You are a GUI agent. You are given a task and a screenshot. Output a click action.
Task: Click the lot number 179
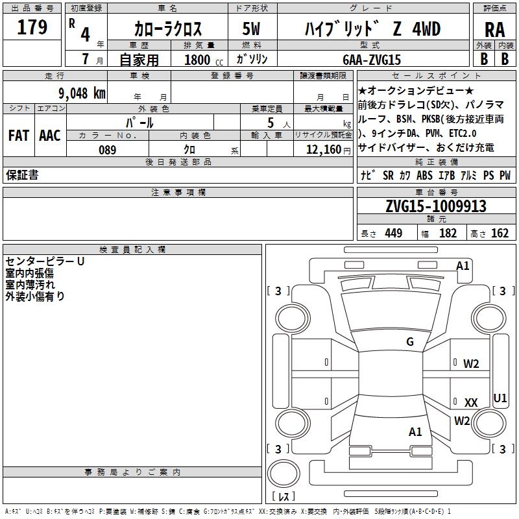pos(32,28)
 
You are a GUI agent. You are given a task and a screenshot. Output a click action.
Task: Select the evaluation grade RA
pos(494,30)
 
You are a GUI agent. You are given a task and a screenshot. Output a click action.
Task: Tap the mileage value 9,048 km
pos(82,93)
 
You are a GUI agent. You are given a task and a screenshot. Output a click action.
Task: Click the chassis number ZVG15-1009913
pos(435,206)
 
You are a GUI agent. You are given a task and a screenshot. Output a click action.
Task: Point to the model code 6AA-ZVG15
pos(372,60)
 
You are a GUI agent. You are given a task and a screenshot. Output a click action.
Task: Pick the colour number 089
pos(107,150)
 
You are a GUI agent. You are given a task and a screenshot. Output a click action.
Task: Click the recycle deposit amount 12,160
pos(322,150)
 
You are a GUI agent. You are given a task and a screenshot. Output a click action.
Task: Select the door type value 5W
pos(252,29)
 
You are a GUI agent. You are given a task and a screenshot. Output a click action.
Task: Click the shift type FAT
pos(18,136)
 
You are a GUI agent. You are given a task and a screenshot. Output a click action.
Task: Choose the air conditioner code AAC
pos(49,136)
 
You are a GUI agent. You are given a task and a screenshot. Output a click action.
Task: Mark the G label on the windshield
pos(409,342)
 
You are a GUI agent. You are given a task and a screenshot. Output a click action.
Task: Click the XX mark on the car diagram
pos(471,403)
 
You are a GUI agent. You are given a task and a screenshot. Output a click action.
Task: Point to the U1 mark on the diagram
pos(500,398)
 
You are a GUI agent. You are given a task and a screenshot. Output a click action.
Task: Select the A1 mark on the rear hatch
pos(415,431)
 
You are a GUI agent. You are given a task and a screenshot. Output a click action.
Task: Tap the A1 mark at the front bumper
pos(463,265)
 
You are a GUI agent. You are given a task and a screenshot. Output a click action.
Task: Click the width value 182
pos(448,234)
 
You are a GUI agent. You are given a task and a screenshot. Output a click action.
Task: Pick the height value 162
pos(500,234)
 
